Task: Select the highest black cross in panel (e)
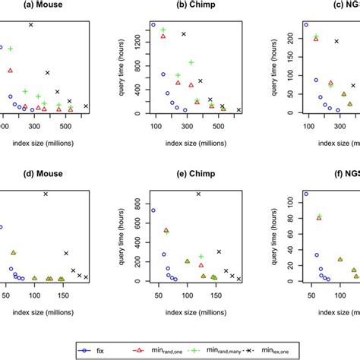click(199, 194)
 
